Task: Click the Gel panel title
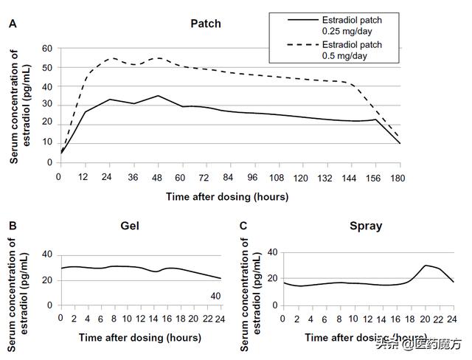pyautogui.click(x=131, y=226)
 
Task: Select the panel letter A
pyautogui.click(x=13, y=24)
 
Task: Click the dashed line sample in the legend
pyautogui.click(x=292, y=46)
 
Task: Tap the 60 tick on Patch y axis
pyautogui.click(x=48, y=49)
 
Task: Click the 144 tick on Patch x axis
pyautogui.click(x=331, y=178)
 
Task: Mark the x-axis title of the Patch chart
pyautogui.click(x=226, y=197)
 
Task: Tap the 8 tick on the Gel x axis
pyautogui.click(x=114, y=319)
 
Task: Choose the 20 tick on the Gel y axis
pyautogui.click(x=48, y=280)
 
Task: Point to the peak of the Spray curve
pyautogui.click(x=426, y=265)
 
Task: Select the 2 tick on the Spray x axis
pyautogui.click(x=297, y=319)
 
